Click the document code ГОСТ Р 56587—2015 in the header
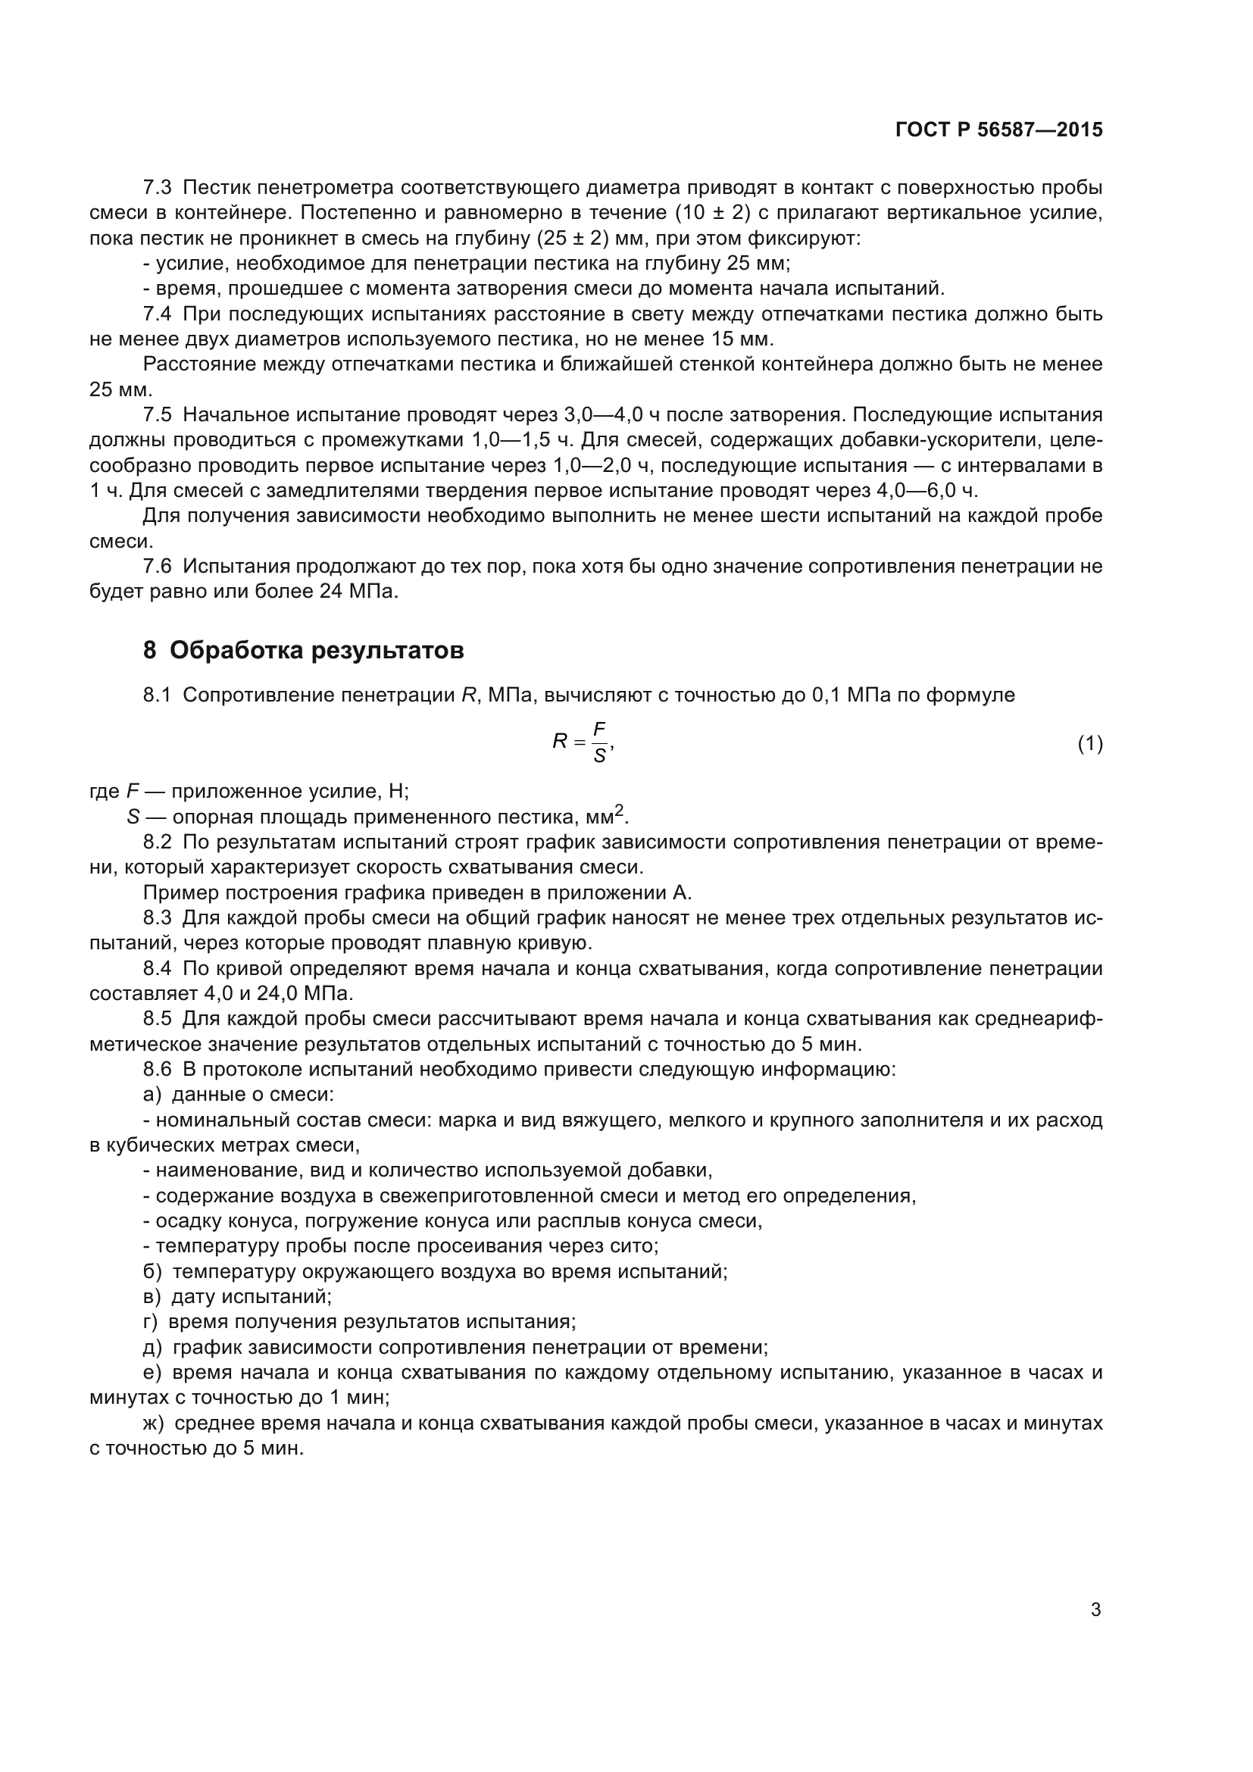(998, 130)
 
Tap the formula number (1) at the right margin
(1089, 744)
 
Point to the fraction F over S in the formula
(599, 742)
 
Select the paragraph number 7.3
(158, 188)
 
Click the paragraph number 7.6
(158, 567)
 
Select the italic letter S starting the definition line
(133, 817)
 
